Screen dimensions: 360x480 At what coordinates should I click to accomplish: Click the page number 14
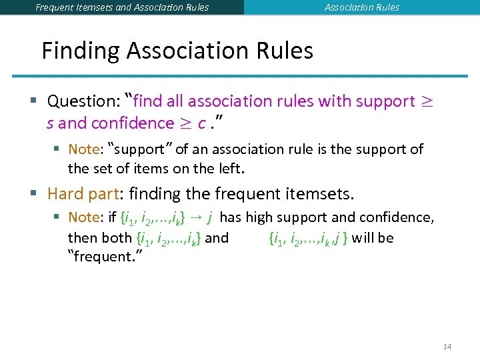coord(447,347)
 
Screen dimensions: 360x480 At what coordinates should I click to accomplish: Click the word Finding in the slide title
coord(80,51)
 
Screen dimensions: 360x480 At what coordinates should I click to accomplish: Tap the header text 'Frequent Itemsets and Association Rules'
coord(122,7)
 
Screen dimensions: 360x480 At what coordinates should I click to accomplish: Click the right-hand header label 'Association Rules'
coord(362,7)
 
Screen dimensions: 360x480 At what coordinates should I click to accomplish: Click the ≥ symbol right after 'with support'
coord(426,101)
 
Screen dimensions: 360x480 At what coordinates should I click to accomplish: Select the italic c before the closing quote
coord(201,123)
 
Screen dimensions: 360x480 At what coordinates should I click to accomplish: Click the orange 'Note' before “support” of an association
coord(83,149)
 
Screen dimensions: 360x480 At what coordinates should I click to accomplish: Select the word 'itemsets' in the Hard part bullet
coord(322,194)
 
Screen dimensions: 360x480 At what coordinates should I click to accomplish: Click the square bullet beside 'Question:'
coord(33,101)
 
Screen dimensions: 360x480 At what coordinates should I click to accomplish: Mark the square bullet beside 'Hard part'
coord(33,194)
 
